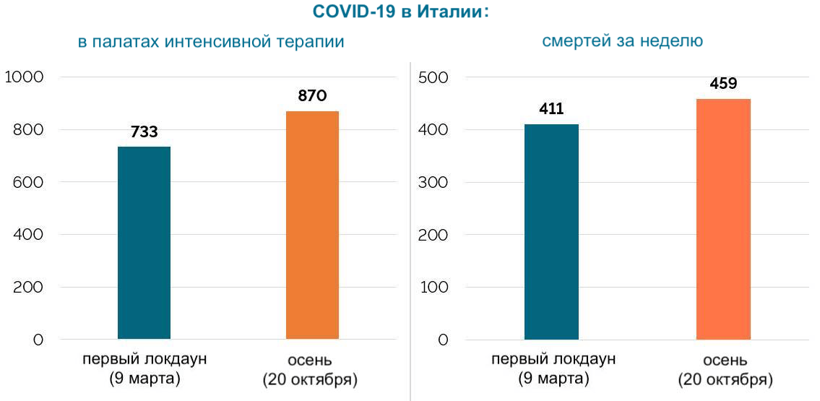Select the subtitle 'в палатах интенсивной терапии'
pos(211,42)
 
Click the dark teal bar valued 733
pos(144,243)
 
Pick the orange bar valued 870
pos(312,225)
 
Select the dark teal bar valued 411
pos(551,231)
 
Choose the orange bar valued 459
pos(723,219)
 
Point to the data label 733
pos(144,132)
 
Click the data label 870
pos(312,96)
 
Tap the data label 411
pos(551,110)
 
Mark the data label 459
pos(723,84)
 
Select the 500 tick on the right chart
pos(433,77)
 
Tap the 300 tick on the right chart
pos(433,182)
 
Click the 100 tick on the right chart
pos(433,287)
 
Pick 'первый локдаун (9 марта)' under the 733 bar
pos(144,368)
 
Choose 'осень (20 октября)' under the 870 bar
pos(310,369)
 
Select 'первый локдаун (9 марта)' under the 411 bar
pos(553,368)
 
